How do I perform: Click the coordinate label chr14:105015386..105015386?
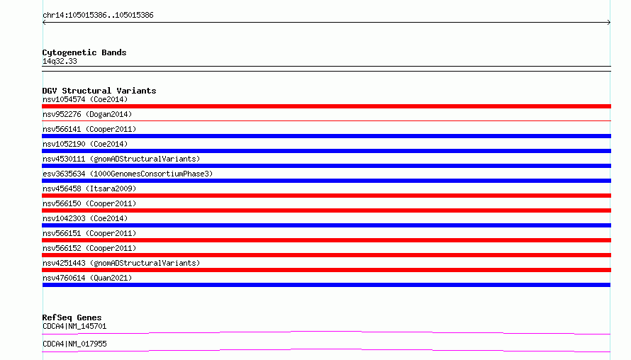[x=98, y=16]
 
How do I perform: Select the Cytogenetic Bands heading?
[x=84, y=52]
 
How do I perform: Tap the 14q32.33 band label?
[x=60, y=61]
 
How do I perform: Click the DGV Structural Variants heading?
[x=99, y=91]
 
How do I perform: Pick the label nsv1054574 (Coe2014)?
[x=85, y=99]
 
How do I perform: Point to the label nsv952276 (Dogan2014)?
[x=87, y=114]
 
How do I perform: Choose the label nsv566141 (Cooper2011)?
[x=89, y=129]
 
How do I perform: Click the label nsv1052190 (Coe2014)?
[x=85, y=144]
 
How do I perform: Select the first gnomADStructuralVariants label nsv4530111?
[x=121, y=159]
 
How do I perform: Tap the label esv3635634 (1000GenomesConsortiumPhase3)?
[x=128, y=174]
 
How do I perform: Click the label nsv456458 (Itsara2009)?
[x=89, y=189]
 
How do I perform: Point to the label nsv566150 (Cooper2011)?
[x=89, y=203]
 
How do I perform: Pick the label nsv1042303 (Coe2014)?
[x=85, y=218]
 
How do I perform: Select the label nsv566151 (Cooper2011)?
[x=89, y=233]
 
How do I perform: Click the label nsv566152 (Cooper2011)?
[x=89, y=248]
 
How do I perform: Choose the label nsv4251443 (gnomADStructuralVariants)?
[x=121, y=263]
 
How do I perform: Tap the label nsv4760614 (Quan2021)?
[x=87, y=278]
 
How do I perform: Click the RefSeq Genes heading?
[x=72, y=317]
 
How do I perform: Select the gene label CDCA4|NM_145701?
[x=74, y=326]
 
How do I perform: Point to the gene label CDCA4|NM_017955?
[x=74, y=344]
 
